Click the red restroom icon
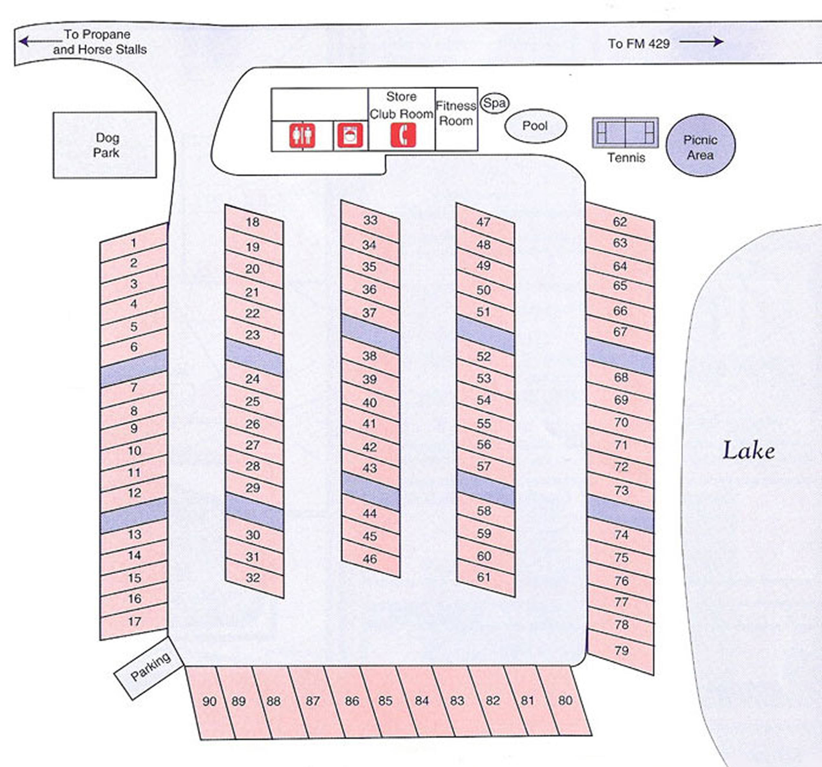coord(302,135)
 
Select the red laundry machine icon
coord(350,135)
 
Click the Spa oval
coord(494,103)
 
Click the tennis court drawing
coord(625,133)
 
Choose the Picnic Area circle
coord(700,145)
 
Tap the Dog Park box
coord(105,145)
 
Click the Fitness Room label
coord(456,113)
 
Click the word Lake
coord(748,451)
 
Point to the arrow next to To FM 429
coord(701,41)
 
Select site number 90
coord(209,701)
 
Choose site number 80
coord(565,701)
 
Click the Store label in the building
coord(401,97)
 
